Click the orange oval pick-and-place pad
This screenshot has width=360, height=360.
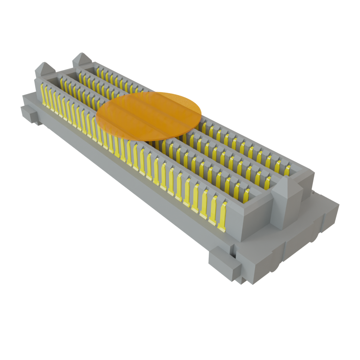click(149, 116)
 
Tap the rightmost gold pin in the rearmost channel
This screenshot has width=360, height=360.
click(287, 170)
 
